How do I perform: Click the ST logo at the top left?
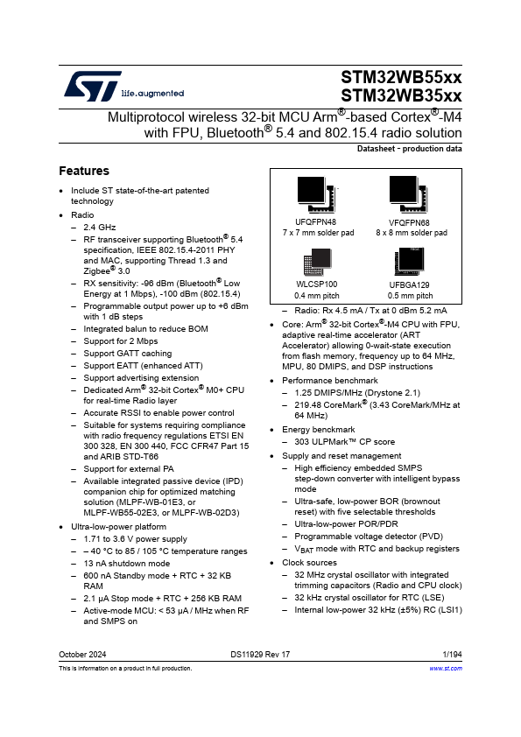click(82, 86)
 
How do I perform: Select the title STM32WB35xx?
click(401, 96)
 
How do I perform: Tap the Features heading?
click(84, 171)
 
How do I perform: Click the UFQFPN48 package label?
click(316, 223)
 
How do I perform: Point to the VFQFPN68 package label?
click(410, 223)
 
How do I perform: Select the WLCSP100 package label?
click(316, 285)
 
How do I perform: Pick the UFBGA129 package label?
click(410, 285)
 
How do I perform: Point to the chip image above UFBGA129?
click(409, 260)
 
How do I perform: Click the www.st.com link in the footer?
click(446, 668)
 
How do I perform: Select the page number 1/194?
click(452, 655)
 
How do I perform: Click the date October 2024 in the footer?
click(82, 655)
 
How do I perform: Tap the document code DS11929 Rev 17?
click(260, 655)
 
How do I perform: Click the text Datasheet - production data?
click(409, 150)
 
